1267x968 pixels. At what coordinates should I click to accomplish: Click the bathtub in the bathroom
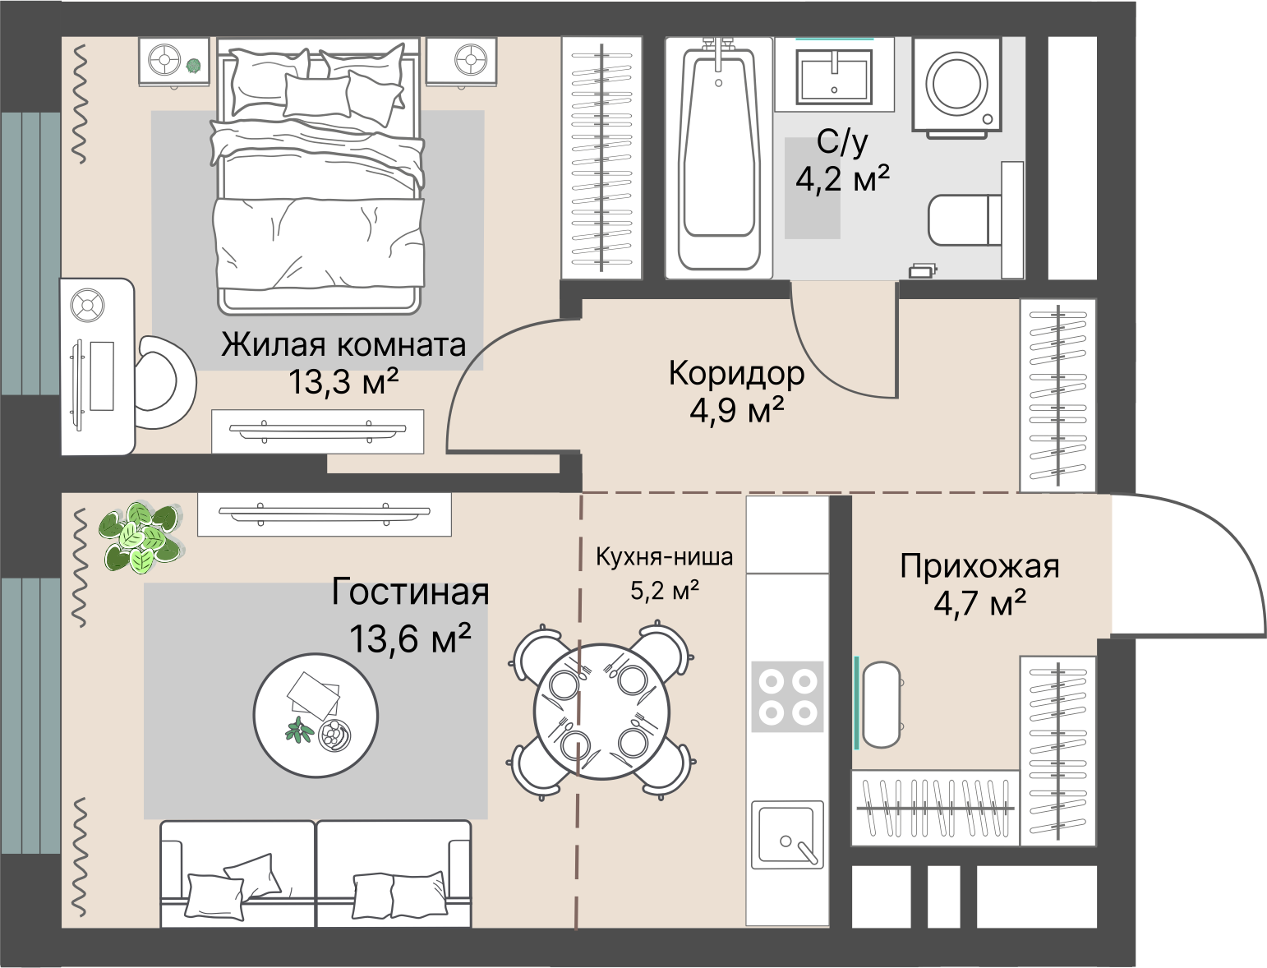(719, 159)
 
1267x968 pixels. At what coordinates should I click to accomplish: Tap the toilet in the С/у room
(975, 220)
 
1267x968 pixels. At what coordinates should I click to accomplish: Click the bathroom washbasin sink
(834, 76)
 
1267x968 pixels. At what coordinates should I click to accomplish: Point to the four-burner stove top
(787, 697)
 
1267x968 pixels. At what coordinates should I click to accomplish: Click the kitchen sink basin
(787, 835)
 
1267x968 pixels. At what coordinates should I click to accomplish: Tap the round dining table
(601, 712)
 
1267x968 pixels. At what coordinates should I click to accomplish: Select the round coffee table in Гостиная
(316, 715)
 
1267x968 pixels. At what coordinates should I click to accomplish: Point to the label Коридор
(736, 373)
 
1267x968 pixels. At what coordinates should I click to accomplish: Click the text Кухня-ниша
(665, 557)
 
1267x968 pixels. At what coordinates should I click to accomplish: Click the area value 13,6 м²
(410, 638)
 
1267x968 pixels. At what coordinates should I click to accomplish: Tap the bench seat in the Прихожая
(881, 705)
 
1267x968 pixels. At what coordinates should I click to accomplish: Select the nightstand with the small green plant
(173, 62)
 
